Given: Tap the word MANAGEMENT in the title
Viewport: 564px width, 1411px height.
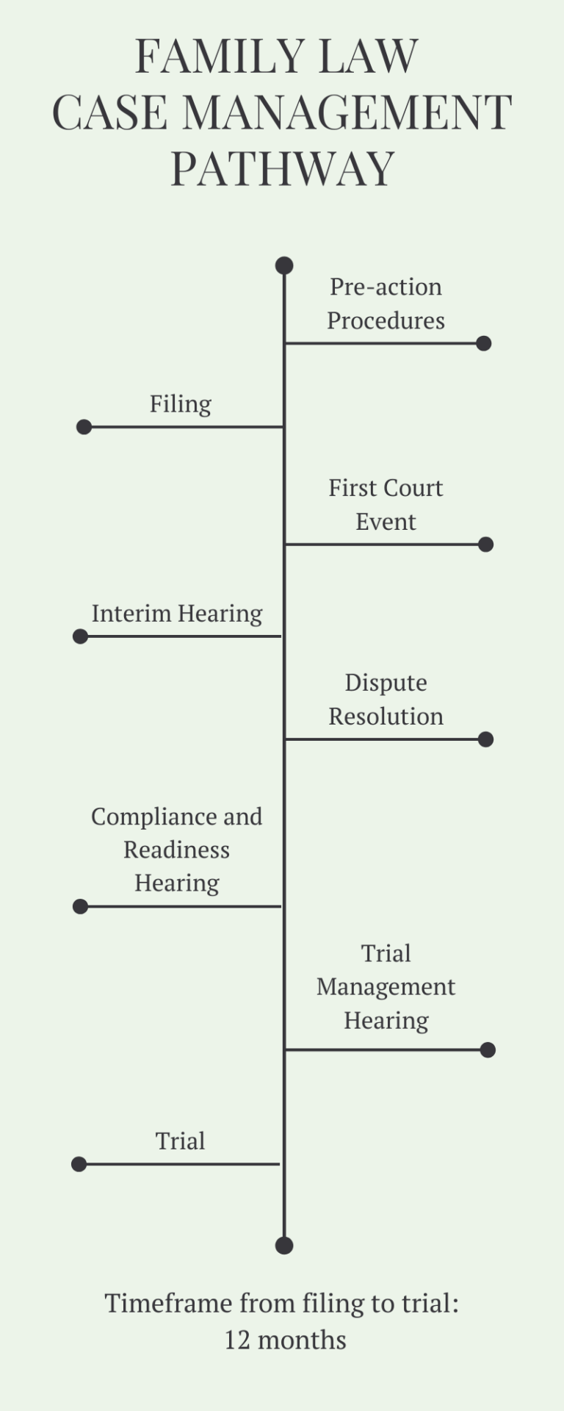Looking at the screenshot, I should pyautogui.click(x=347, y=112).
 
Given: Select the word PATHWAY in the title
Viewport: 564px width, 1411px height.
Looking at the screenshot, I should pyautogui.click(x=283, y=168).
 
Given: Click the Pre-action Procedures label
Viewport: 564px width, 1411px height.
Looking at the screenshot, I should pyautogui.click(x=386, y=304).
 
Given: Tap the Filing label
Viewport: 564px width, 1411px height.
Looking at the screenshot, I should pyautogui.click(x=181, y=404).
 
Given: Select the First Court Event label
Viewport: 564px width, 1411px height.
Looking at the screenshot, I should pyautogui.click(x=386, y=505).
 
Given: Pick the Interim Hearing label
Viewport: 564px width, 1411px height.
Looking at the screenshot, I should pyautogui.click(x=177, y=614).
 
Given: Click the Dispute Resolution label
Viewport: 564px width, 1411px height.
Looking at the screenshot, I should pyautogui.click(x=386, y=700).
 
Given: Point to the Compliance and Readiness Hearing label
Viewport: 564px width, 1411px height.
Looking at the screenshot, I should pyautogui.click(x=177, y=850).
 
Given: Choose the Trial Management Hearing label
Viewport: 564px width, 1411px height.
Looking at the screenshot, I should pyautogui.click(x=386, y=987).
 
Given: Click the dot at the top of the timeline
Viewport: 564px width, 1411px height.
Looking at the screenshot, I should pyautogui.click(x=284, y=265).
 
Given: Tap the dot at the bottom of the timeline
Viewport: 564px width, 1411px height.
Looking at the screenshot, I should pyautogui.click(x=284, y=1245).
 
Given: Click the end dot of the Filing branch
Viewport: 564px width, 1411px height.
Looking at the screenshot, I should pyautogui.click(x=84, y=427).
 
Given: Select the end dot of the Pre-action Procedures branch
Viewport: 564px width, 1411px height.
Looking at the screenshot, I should pyautogui.click(x=483, y=343).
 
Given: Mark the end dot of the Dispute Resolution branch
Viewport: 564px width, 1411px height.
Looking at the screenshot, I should pyautogui.click(x=485, y=739).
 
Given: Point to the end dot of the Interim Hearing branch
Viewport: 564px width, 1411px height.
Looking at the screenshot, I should pyautogui.click(x=81, y=636).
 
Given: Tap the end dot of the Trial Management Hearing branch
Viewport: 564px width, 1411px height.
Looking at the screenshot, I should pyautogui.click(x=488, y=1050).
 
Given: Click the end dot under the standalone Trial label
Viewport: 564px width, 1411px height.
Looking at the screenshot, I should pyautogui.click(x=79, y=1164).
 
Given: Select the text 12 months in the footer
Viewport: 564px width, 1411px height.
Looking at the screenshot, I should pyautogui.click(x=285, y=1340).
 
